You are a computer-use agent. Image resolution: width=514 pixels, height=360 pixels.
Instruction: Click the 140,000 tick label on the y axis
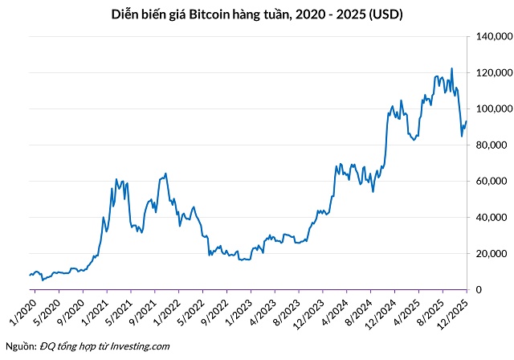tap(493, 37)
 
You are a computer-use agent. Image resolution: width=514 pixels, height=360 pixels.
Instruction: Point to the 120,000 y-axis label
tap(493, 73)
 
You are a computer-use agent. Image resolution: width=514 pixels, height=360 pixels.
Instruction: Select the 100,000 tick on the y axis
tap(493, 109)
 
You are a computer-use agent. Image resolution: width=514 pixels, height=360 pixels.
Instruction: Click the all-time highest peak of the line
tap(451, 68)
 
